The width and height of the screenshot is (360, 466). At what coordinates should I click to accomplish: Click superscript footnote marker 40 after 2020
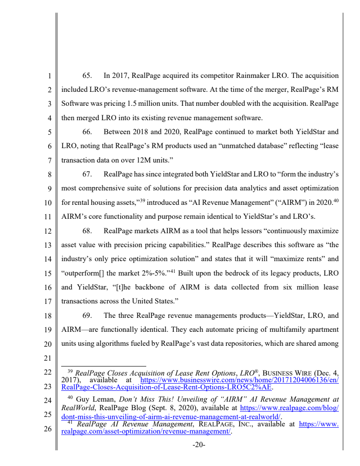(335, 200)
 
